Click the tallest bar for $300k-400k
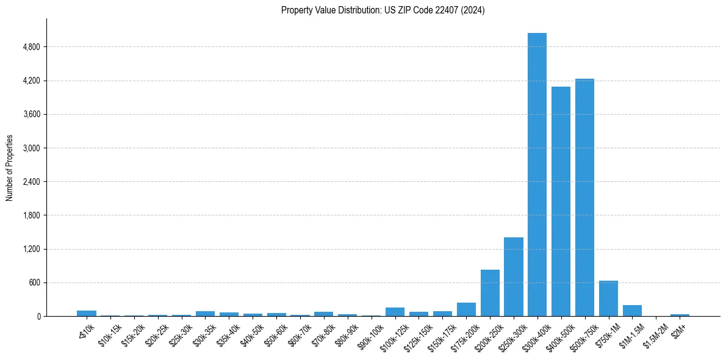coord(537,175)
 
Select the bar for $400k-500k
coord(561,201)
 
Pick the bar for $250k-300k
coord(513,277)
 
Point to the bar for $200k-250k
coord(490,293)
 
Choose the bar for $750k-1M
coord(608,298)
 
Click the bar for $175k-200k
coord(466,309)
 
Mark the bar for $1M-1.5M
coord(632,311)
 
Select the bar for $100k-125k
coord(395,312)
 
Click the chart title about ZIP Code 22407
coord(383,10)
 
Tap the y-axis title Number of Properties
coord(9,168)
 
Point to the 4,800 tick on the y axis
coord(31,47)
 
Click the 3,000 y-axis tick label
coord(31,148)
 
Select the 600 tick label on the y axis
coord(34,283)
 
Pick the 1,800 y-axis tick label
coord(31,215)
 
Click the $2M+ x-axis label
coord(678,330)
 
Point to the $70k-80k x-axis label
coord(322,335)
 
